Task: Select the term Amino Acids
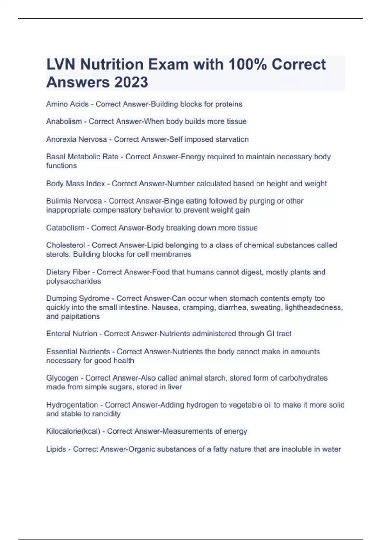click(67, 104)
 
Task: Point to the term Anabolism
click(64, 121)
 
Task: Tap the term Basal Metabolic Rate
click(82, 157)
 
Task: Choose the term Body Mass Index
click(76, 184)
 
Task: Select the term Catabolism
click(65, 228)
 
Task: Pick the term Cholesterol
click(65, 245)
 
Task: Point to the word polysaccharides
click(73, 281)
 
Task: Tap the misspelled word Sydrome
click(95, 299)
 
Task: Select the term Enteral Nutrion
click(71, 334)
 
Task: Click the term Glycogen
click(62, 378)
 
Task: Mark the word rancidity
click(106, 414)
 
